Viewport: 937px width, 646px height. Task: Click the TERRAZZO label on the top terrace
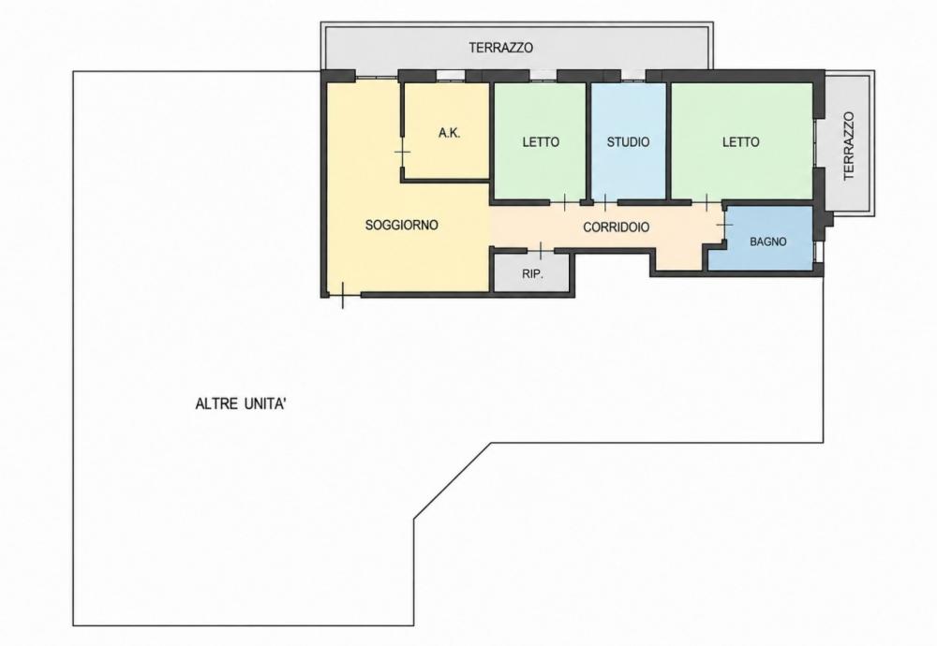[x=500, y=48]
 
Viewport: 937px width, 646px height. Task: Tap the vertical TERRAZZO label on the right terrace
[x=849, y=146]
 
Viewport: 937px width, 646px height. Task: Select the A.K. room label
[x=449, y=133]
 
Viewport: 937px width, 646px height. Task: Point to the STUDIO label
[x=628, y=142]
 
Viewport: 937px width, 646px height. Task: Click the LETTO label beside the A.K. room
[x=541, y=142]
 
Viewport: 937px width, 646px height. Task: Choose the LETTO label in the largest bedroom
[x=741, y=142]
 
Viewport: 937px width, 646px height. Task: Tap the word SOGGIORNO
[x=402, y=225]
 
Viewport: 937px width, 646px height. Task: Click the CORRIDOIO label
[x=617, y=228]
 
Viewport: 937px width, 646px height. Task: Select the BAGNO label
[x=768, y=242]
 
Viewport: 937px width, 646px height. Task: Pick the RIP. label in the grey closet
[x=532, y=274]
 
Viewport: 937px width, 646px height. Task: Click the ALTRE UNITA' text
[x=241, y=404]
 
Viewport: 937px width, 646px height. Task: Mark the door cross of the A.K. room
[x=403, y=152]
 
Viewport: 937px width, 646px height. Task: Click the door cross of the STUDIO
[x=605, y=203]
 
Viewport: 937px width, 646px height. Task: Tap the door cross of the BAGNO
[x=724, y=225]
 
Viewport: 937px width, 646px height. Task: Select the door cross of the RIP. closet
[x=541, y=251]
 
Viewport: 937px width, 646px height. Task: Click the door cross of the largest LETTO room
[x=706, y=203]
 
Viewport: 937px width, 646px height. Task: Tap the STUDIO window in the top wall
[x=632, y=76]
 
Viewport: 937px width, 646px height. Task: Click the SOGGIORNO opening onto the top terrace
[x=377, y=77]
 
